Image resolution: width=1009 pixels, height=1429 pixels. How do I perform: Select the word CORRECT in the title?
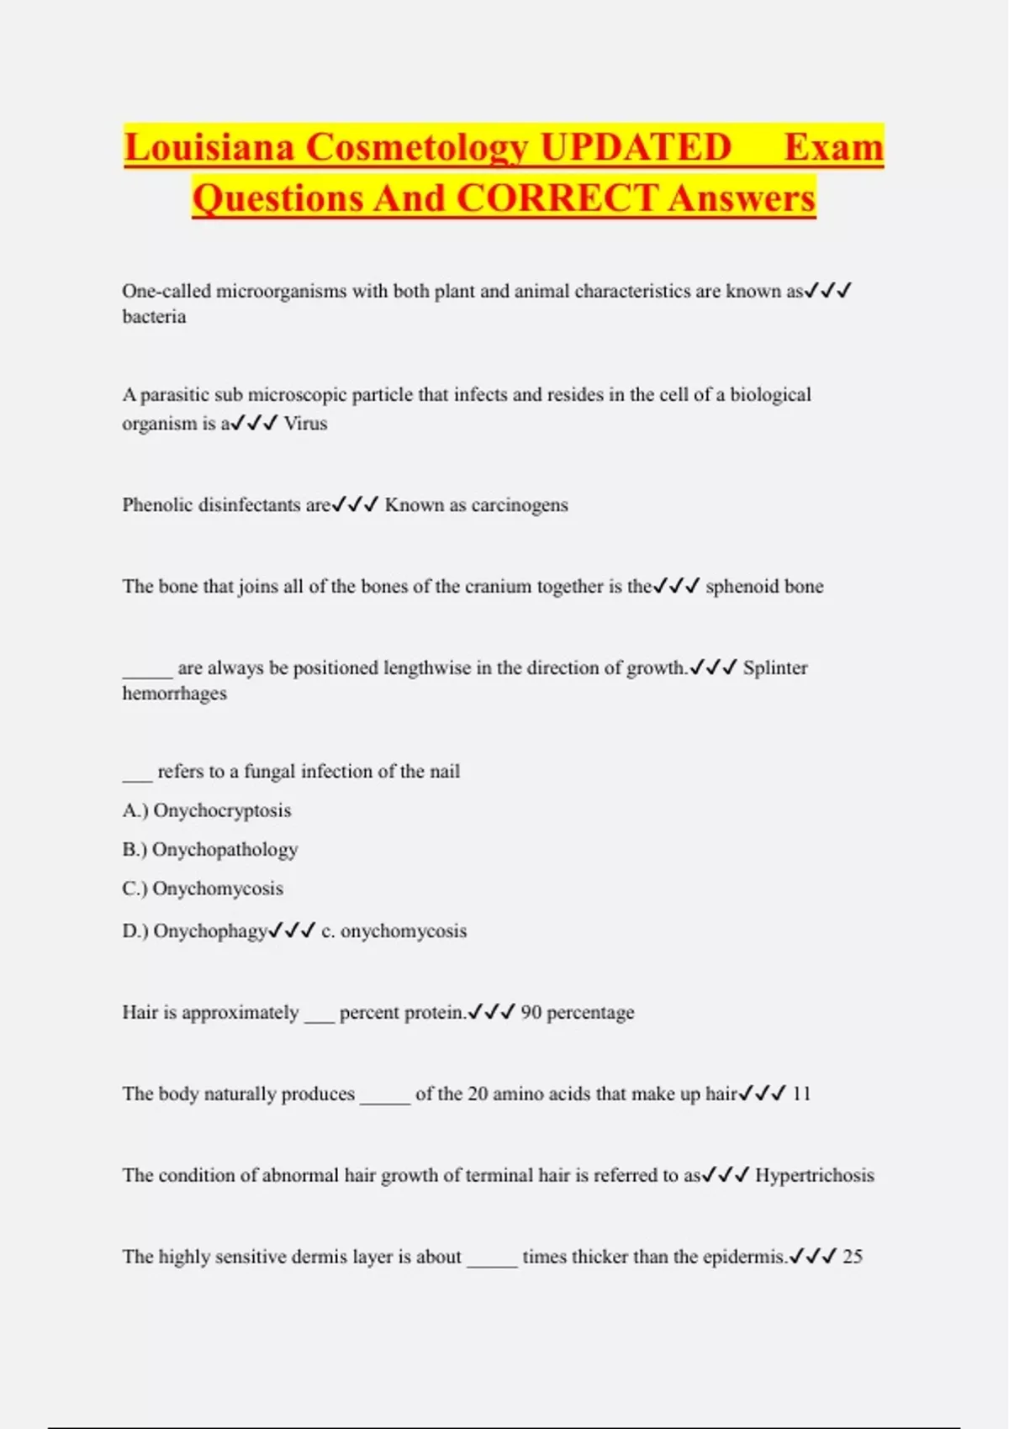coord(557,199)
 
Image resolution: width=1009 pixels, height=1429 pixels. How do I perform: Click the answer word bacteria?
coord(154,317)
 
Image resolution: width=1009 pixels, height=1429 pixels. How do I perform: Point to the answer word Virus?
coord(305,424)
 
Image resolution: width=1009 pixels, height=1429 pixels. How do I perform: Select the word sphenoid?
coord(734,587)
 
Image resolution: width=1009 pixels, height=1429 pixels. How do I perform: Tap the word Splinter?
coord(774,668)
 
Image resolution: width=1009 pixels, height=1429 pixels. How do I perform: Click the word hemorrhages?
coord(174,693)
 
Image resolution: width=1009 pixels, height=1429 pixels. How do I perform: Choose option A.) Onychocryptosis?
coord(207,810)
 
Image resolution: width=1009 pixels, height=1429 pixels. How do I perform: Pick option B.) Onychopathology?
coord(210,850)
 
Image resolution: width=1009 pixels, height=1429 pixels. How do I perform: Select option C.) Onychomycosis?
coord(203,889)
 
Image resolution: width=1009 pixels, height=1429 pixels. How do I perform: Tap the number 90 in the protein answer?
coord(531,1013)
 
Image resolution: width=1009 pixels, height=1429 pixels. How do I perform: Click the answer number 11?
coord(801,1094)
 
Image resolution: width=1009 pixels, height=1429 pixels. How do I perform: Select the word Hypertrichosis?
coord(814,1175)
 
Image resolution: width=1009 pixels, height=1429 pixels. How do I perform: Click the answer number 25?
coord(853,1257)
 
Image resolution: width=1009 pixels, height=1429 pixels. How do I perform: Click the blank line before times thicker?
coord(492,1261)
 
